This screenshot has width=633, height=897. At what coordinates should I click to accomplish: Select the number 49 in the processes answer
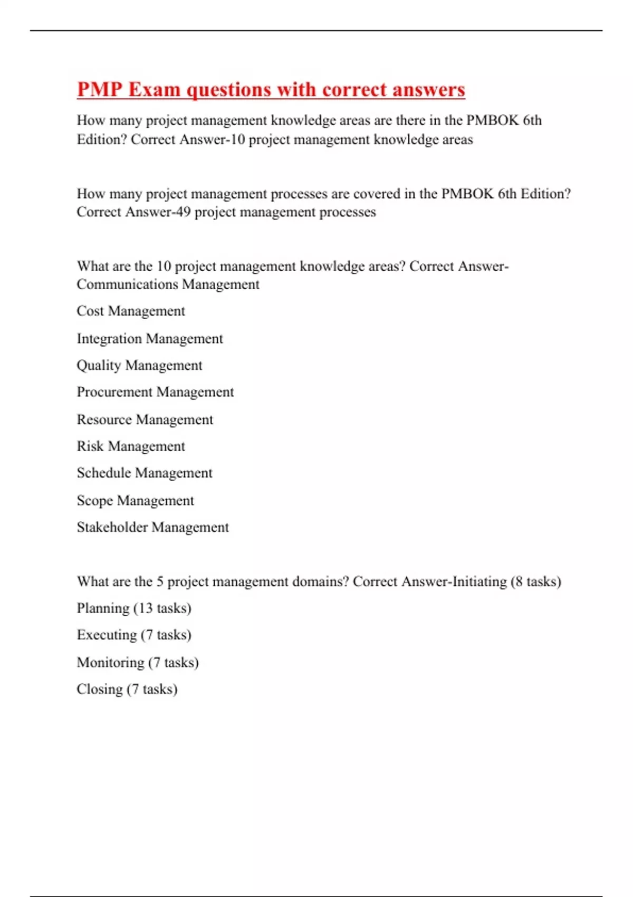click(183, 212)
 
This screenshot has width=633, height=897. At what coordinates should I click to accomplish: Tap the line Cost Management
click(131, 311)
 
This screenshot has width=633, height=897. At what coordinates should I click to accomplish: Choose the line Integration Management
click(150, 338)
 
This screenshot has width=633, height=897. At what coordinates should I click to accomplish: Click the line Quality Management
click(139, 365)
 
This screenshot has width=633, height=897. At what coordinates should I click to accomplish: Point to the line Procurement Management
click(155, 392)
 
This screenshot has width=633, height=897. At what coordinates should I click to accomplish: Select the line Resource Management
click(145, 419)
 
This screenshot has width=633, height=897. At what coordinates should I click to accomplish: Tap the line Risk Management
click(131, 446)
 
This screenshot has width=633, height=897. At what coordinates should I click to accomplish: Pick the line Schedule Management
click(145, 473)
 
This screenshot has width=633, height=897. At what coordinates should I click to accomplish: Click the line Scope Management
click(136, 500)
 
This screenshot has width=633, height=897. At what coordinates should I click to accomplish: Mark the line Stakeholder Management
click(153, 527)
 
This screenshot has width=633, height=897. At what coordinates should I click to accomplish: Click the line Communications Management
click(168, 284)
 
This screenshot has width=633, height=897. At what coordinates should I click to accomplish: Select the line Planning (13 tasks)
click(134, 608)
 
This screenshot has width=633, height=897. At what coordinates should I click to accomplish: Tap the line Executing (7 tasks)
click(134, 635)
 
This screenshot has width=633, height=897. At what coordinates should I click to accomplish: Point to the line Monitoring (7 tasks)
click(138, 662)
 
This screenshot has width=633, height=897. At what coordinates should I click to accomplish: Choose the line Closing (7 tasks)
click(127, 689)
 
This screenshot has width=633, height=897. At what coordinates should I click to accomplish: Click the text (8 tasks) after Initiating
click(535, 581)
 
